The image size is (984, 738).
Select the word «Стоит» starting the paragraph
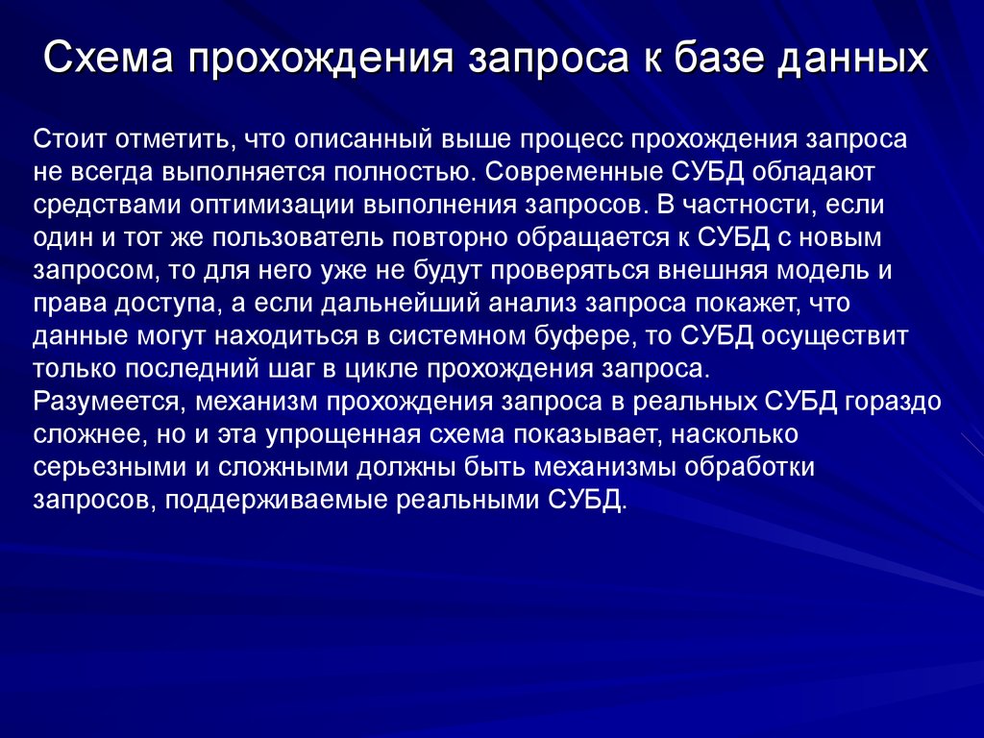(70, 139)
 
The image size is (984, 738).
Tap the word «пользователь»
(307, 237)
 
